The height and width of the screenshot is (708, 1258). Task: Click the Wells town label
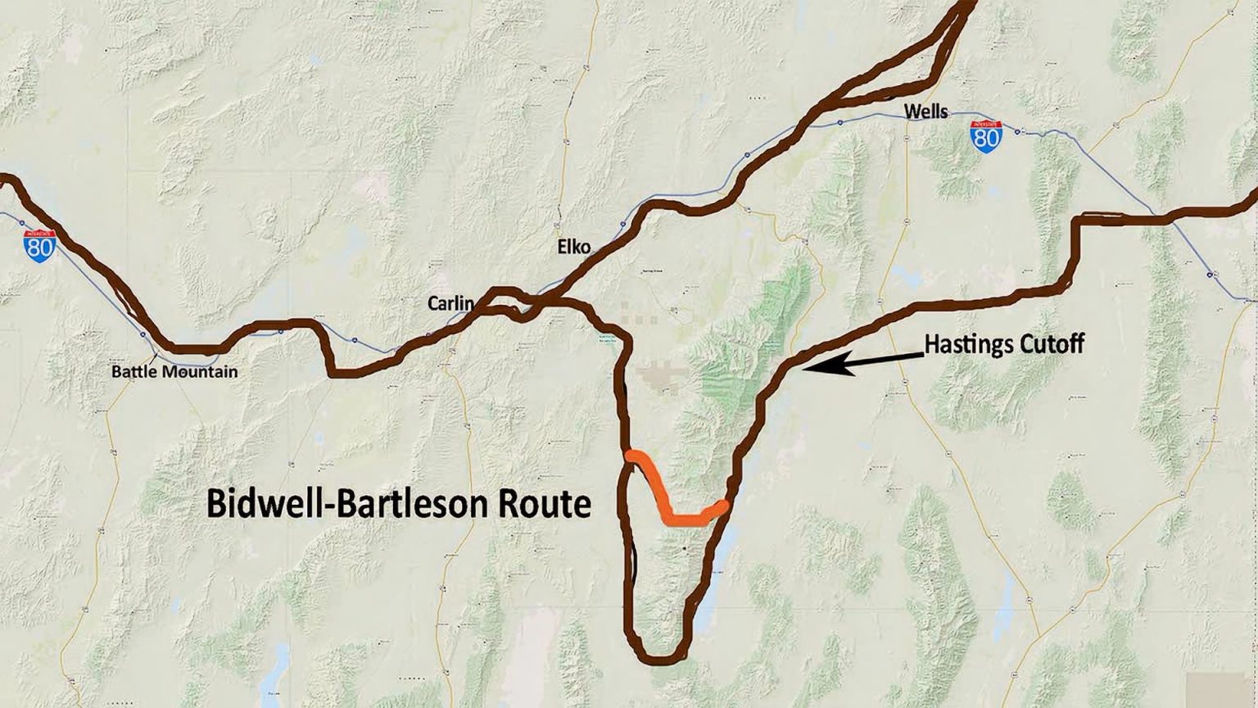pos(925,111)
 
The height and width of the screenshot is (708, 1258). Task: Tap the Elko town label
pos(573,247)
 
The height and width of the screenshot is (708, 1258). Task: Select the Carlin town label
pos(450,304)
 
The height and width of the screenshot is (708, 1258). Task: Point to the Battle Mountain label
pos(174,372)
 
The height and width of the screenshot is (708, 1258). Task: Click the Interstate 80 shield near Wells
pos(985,135)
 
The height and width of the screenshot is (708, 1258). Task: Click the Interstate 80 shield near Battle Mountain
pos(39,245)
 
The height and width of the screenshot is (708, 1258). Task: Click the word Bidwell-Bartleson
pos(345,503)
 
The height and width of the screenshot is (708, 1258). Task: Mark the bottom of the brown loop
pos(659,658)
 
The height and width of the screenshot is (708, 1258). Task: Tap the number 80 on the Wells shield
pos(985,138)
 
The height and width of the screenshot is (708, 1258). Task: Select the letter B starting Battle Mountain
pos(116,372)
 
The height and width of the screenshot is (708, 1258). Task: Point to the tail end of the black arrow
pos(923,355)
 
